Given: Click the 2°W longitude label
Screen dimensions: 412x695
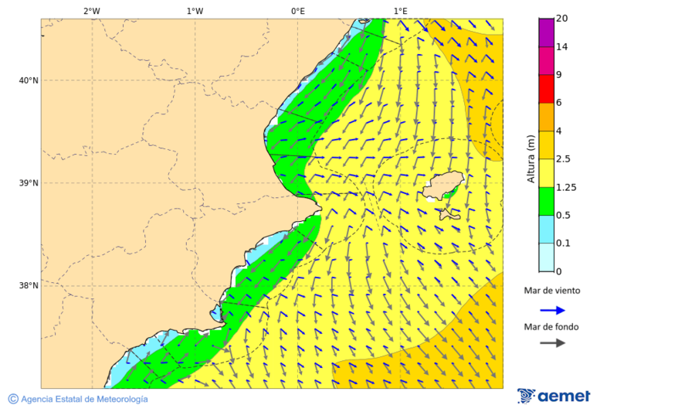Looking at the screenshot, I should (91, 12).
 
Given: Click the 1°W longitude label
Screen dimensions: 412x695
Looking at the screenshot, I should (195, 12).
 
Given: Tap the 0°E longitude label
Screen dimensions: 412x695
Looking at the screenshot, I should (297, 12).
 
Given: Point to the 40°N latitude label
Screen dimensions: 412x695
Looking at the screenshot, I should (29, 80).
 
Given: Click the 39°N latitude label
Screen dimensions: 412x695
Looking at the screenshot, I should (29, 183).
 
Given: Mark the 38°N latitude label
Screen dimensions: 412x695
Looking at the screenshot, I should (29, 286).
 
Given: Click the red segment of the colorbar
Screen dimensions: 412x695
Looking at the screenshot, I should (547, 89).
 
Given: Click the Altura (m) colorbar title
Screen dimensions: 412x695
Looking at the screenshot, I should (531, 158).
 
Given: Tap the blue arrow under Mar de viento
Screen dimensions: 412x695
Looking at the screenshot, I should (552, 310).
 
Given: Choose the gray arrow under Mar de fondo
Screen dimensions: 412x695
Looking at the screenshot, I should (552, 343).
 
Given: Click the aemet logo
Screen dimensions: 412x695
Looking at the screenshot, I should (554, 396).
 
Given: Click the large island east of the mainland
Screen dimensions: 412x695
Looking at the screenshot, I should (439, 186).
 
